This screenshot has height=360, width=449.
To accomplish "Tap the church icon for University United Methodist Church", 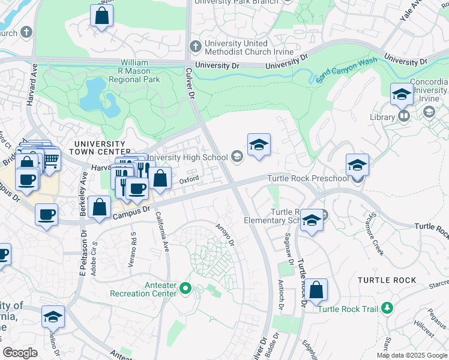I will pos(196,46).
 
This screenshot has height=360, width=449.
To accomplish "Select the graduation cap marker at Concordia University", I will pos(401,95).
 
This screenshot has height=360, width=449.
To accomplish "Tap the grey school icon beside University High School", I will pos(237,157).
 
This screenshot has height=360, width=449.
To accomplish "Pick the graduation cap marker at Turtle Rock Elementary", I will pos(312,221).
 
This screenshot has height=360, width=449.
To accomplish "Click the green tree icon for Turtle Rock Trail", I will pos(387,308).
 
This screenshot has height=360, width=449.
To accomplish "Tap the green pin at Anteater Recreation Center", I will pos(185,289).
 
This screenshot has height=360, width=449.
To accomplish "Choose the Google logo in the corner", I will pos(20,353).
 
